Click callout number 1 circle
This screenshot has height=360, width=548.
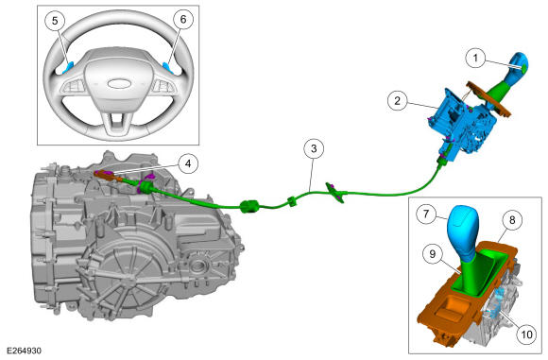coord(475,58)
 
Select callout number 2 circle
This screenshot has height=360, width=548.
coord(398,101)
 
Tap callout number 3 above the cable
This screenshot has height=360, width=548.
coord(314,149)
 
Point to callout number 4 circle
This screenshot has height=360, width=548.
coord(188,163)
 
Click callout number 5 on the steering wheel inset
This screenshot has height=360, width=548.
coord(55,21)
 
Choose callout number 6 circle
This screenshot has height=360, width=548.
coord(183,20)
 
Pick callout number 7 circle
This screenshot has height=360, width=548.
coord(426,214)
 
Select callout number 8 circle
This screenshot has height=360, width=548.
coord(512,220)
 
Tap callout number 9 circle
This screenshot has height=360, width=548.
coord(433,254)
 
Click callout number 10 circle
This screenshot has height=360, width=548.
coord(526,334)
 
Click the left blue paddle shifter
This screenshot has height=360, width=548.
coord(68,67)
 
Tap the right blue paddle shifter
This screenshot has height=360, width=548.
coord(168,67)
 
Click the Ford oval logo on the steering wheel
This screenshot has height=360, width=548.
coord(119,83)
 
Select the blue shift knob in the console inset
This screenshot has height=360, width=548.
coord(462,232)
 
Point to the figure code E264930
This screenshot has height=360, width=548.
coord(24,351)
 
